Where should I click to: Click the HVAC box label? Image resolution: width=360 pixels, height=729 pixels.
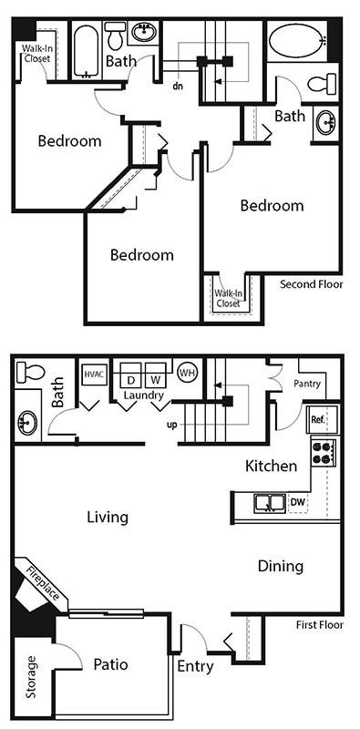click(x=92, y=374)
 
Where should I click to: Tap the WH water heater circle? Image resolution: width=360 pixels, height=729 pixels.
click(x=187, y=373)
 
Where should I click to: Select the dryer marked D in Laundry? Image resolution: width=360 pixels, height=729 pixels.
click(x=130, y=378)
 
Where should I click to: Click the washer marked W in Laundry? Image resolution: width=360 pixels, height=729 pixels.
click(x=155, y=378)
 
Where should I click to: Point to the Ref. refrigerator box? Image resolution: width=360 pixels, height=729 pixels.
click(x=318, y=420)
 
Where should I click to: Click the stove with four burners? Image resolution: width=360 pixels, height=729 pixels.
click(x=324, y=453)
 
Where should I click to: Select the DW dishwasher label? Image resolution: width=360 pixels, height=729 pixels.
click(x=297, y=502)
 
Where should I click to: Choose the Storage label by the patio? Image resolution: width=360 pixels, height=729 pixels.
click(x=32, y=676)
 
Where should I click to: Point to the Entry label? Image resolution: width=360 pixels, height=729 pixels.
click(x=195, y=666)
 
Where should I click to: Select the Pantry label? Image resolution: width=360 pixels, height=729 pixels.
click(x=307, y=384)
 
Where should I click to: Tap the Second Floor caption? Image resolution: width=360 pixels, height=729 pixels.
click(x=310, y=284)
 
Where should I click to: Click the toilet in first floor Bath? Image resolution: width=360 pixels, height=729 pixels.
click(x=30, y=372)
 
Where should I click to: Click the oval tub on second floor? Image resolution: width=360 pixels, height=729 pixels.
click(x=295, y=41)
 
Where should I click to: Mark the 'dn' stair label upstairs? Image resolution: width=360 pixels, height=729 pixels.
click(x=179, y=87)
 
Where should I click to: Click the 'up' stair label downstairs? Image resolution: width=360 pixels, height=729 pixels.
click(x=170, y=426)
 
